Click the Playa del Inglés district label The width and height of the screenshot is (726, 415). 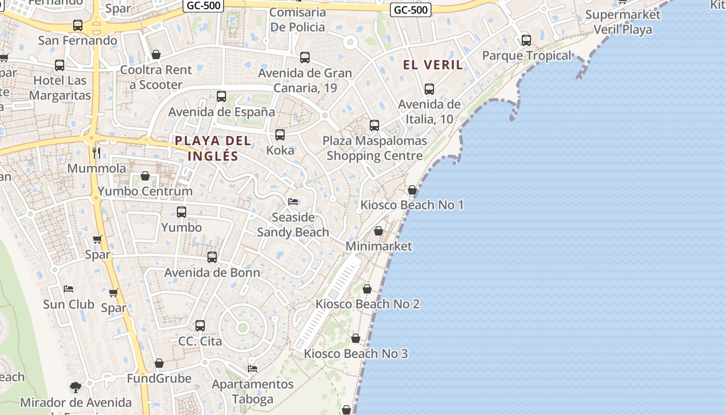tap(213, 148)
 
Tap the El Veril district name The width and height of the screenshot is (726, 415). tap(433, 65)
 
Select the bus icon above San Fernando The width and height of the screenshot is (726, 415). tap(78, 25)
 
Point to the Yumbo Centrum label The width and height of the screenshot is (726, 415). tap(145, 191)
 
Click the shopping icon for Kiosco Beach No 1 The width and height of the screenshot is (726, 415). tap(412, 190)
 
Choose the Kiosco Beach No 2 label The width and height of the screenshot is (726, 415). tap(368, 303)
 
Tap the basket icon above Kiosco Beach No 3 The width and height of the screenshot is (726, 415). tap(356, 338)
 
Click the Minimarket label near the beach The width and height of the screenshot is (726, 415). tap(379, 246)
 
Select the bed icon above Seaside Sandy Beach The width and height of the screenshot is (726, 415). tap(293, 201)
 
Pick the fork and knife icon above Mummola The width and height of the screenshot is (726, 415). tap(96, 153)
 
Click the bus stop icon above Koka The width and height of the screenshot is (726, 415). tap(280, 135)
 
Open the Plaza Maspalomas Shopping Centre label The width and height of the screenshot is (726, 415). tap(374, 148)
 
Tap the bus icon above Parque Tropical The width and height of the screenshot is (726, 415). tap(526, 40)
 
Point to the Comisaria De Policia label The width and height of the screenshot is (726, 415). tap(298, 20)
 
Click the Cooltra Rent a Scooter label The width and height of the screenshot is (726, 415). tap(156, 77)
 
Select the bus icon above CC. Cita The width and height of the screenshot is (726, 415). tap(200, 326)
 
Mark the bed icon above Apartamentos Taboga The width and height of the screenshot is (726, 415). tap(253, 368)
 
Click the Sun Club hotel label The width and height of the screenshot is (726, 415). tap(68, 304)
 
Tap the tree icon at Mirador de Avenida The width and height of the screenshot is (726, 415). tap(76, 386)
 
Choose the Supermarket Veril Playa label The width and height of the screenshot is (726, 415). tap(622, 22)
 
